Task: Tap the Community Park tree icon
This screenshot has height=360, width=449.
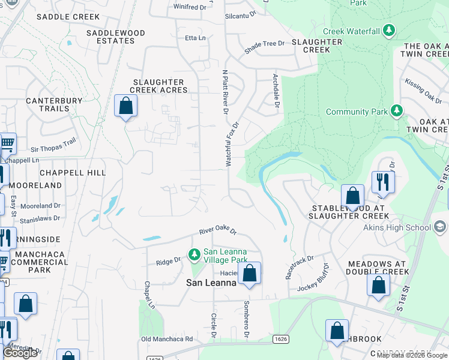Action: coord(396,111)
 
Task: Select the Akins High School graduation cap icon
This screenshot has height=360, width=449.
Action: coord(440,227)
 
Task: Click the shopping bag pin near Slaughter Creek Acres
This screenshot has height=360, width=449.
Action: coord(125,106)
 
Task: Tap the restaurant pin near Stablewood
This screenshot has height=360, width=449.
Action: coord(382,182)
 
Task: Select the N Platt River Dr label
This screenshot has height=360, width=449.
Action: coord(226,84)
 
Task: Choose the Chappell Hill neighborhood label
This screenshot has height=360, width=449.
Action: coord(73,173)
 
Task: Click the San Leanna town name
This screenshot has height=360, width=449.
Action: coord(212,283)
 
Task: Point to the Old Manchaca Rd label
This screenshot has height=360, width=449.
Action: coord(167,339)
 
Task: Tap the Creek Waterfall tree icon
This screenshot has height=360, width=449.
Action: coord(389,30)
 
